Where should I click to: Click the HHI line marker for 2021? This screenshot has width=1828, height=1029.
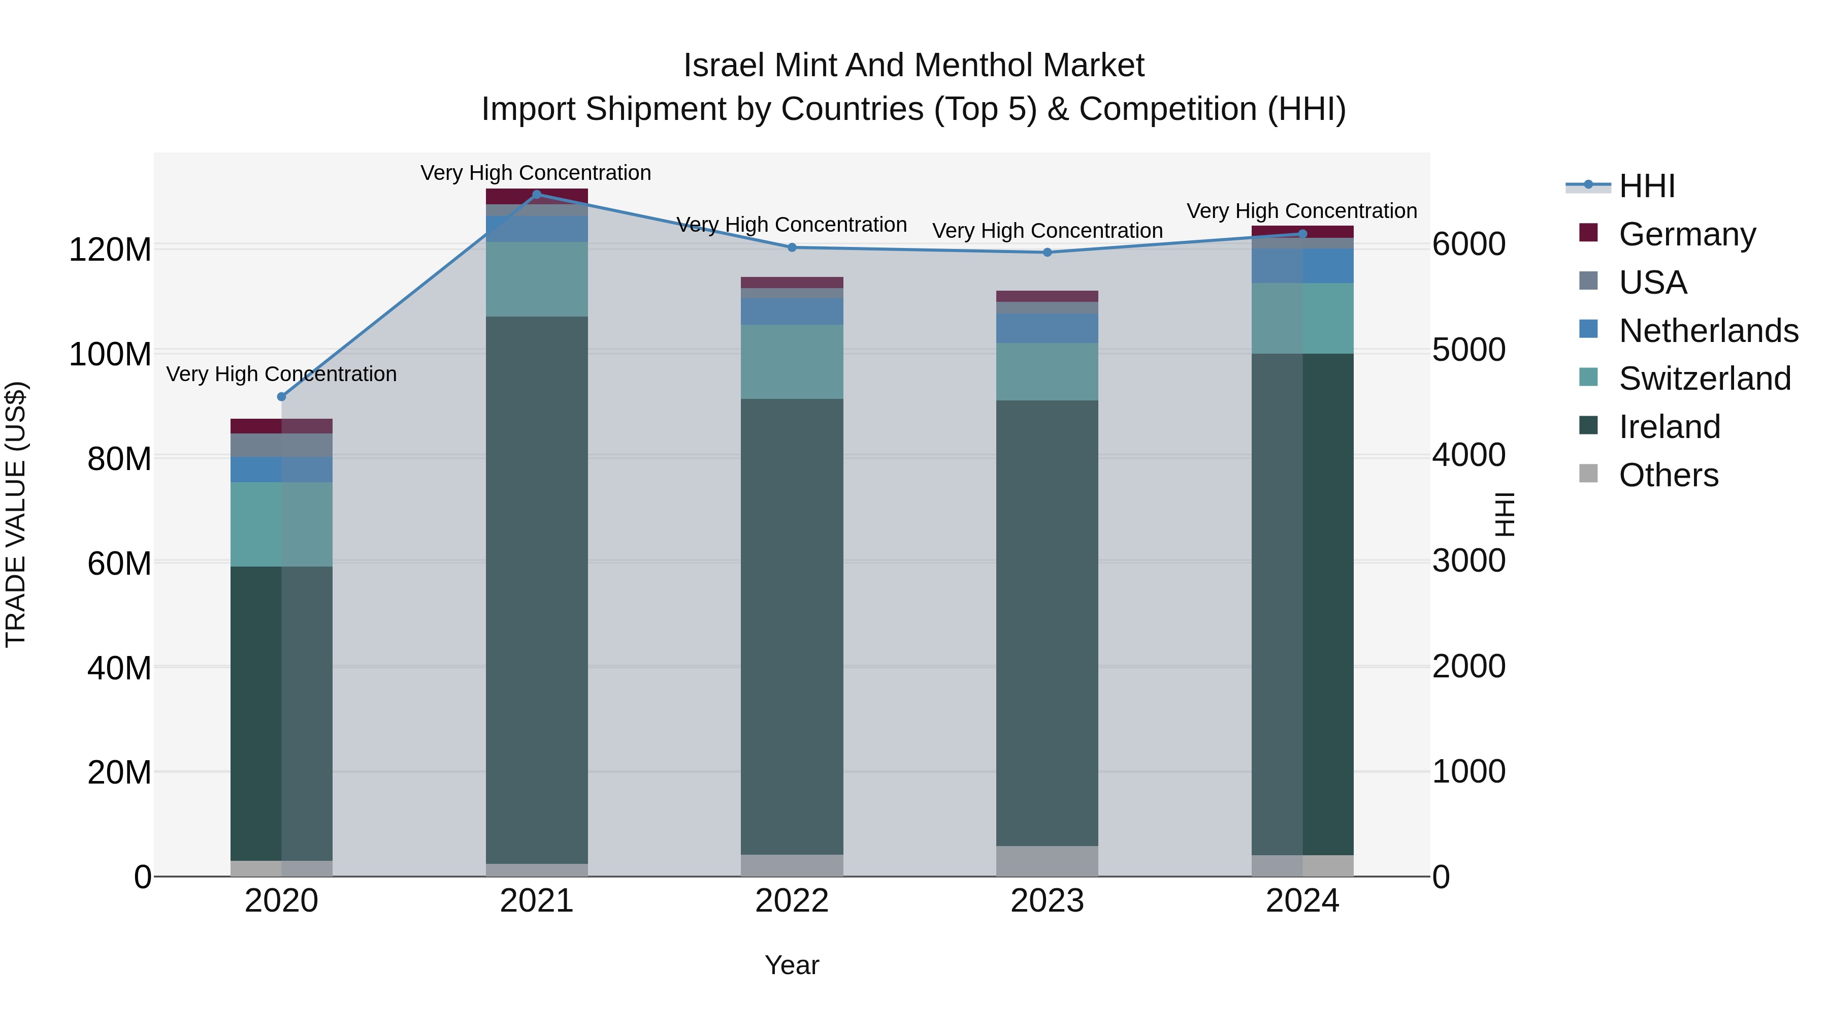[537, 194]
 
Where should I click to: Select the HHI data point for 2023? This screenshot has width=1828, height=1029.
[1048, 252]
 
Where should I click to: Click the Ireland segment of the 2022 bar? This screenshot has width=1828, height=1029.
[792, 625]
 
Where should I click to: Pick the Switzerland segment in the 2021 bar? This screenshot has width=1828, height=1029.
[537, 278]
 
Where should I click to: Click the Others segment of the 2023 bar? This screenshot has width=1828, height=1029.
[1048, 861]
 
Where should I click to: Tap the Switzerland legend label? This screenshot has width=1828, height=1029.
[1704, 379]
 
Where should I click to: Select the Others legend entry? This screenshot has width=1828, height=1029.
[1668, 475]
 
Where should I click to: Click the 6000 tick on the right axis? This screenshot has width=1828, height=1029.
[1468, 244]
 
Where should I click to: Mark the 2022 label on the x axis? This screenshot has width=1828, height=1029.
[792, 901]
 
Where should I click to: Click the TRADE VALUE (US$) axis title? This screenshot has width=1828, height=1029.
[16, 514]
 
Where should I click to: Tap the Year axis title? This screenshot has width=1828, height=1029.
[792, 965]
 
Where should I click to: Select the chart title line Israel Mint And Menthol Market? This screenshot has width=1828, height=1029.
[913, 66]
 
